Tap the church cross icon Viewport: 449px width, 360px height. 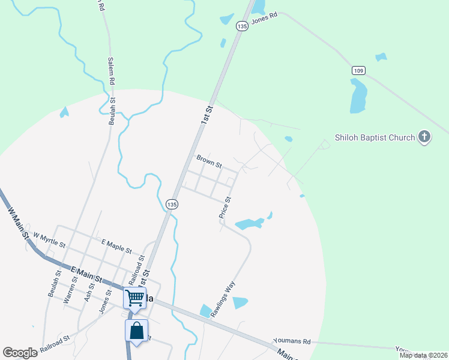(x=424, y=137)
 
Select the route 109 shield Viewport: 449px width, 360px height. (x=358, y=71)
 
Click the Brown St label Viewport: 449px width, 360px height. (x=209, y=161)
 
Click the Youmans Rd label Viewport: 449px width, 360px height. (x=292, y=341)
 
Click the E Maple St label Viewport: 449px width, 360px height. (x=116, y=245)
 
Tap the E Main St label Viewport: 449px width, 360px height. (x=85, y=274)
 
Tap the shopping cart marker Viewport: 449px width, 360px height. (x=134, y=298)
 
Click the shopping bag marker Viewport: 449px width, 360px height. (x=136, y=331)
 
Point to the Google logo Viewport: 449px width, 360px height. (x=20, y=353)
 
